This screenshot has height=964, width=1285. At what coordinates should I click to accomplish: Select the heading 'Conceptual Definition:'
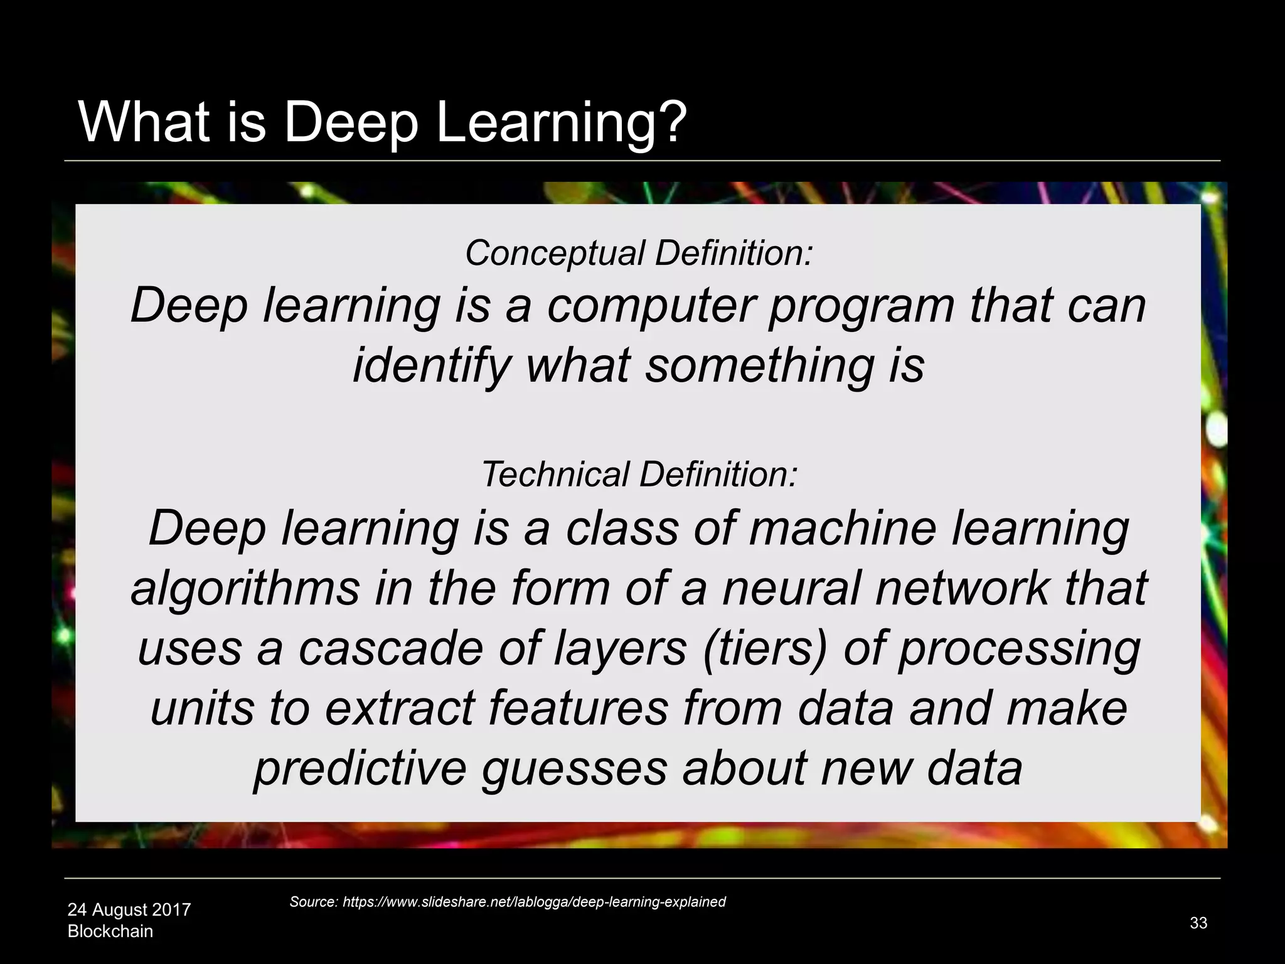coord(639,253)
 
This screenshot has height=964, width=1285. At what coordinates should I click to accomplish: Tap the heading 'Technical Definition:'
coord(639,474)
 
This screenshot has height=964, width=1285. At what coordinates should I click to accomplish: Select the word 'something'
coord(759,367)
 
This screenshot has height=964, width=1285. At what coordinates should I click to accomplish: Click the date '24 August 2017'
coord(129,909)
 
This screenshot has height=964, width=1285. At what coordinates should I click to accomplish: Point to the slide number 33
coord(1198,923)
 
